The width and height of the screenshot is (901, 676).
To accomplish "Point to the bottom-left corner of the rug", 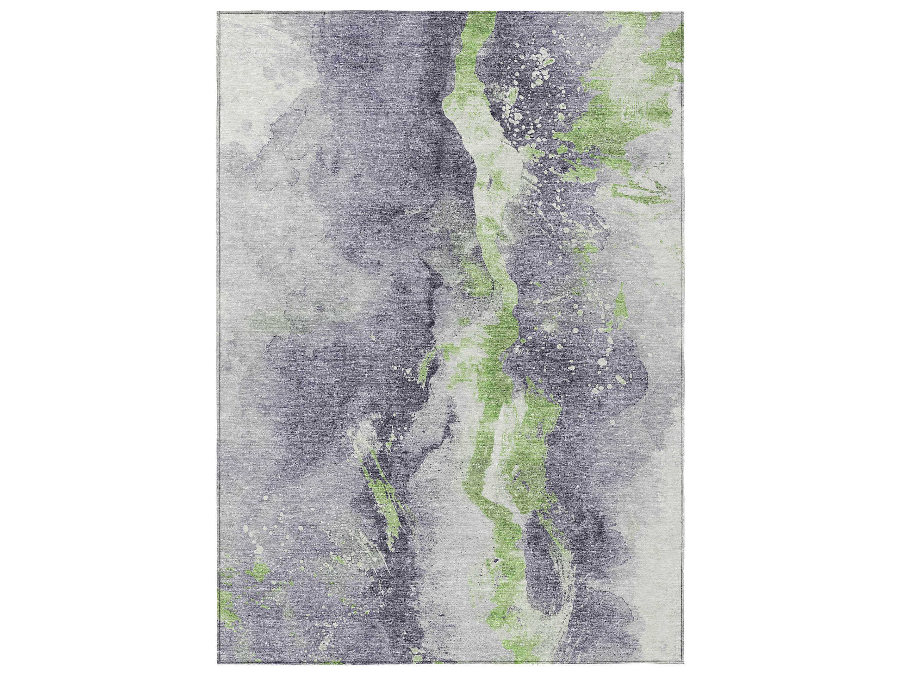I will point(219,665).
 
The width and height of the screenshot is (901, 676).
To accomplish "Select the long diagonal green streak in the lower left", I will point(387,501).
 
